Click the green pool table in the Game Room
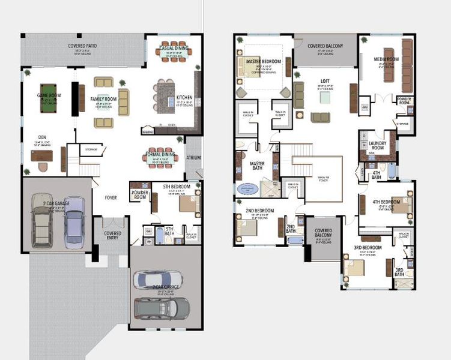pyautogui.click(x=46, y=98)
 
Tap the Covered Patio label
pyautogui.click(x=83, y=46)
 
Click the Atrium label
pyautogui.click(x=193, y=158)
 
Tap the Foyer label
pyautogui.click(x=111, y=197)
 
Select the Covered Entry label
pyautogui.click(x=112, y=235)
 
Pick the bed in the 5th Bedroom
pyautogui.click(x=189, y=205)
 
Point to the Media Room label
pyautogui.click(x=386, y=59)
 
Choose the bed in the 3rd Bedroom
pyautogui.click(x=358, y=265)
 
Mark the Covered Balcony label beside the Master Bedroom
pyautogui.click(x=325, y=46)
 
